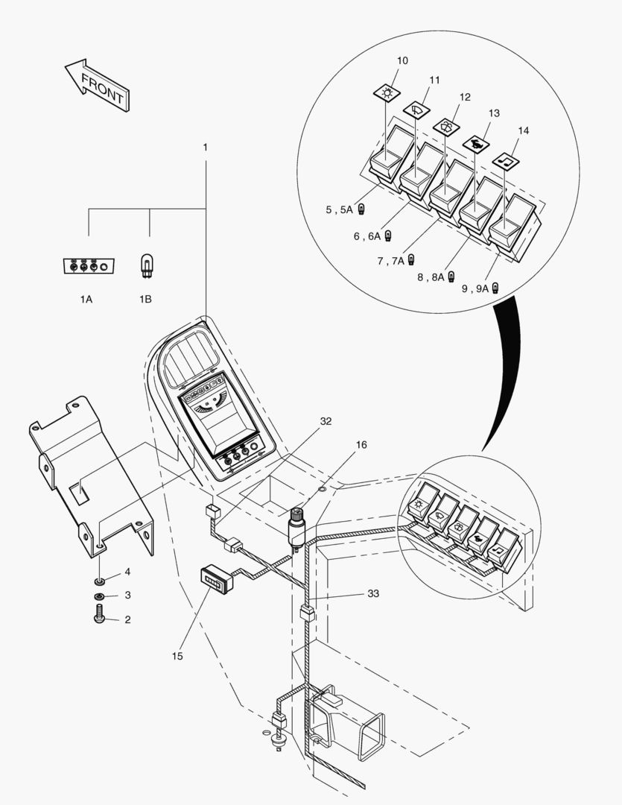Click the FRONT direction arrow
(x=97, y=84)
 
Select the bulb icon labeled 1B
(x=147, y=266)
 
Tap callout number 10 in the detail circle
(x=403, y=60)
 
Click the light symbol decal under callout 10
(x=387, y=92)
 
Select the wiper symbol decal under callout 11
(x=416, y=109)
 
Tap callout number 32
(x=326, y=421)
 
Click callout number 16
(x=361, y=444)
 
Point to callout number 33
(x=373, y=594)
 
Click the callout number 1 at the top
(x=206, y=148)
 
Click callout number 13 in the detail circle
(x=494, y=113)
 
